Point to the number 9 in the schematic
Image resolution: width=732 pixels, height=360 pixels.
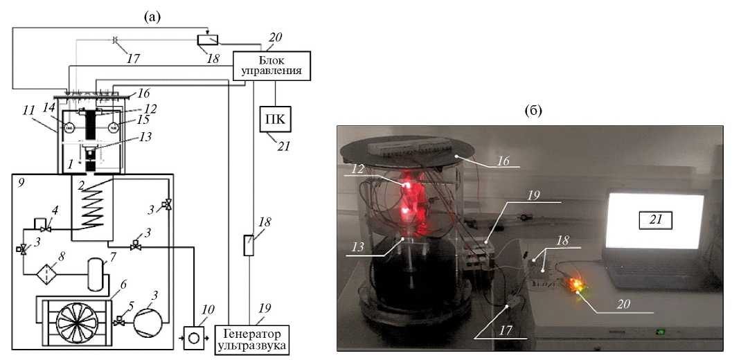tap(23, 186)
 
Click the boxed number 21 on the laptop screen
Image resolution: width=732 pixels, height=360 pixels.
tap(655, 221)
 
